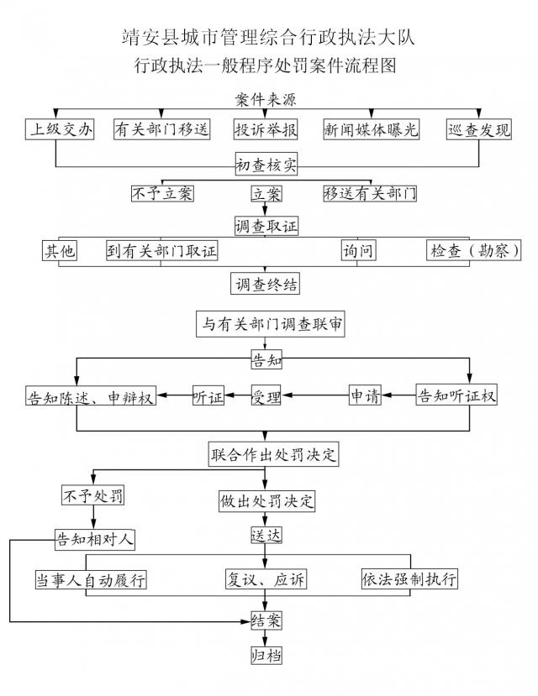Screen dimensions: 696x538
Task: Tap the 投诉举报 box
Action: [266, 129]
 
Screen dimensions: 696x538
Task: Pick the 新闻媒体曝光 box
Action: [371, 129]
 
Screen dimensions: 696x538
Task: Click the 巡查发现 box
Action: [479, 129]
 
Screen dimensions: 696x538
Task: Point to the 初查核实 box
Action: [266, 165]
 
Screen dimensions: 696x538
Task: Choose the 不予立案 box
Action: [163, 193]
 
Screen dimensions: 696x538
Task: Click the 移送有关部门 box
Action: [371, 193]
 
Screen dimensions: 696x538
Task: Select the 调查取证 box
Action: [266, 225]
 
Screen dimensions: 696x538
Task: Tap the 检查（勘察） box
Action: [473, 250]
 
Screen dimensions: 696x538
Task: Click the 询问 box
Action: [357, 250]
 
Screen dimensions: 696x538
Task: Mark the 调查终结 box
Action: [266, 283]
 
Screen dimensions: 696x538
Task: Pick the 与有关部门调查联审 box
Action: [269, 324]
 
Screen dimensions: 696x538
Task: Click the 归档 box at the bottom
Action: [266, 654]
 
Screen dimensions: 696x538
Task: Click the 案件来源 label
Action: [266, 99]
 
